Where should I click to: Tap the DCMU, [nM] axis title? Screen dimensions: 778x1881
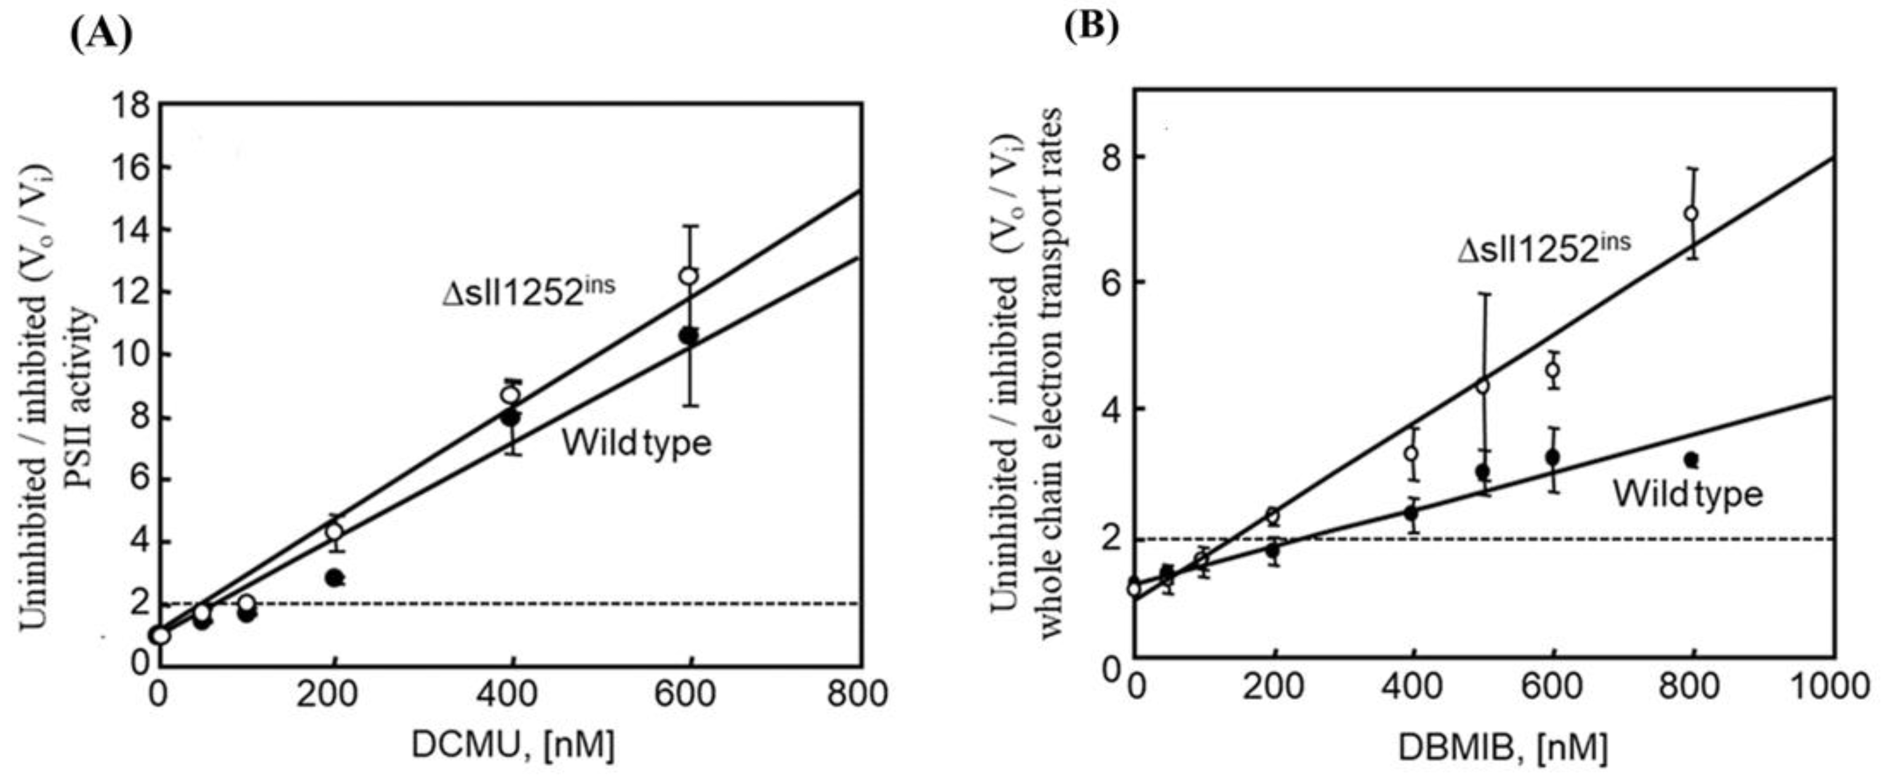coord(513,746)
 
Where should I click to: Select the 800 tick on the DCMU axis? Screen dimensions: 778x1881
coord(857,693)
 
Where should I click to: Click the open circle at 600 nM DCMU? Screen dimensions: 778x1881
coord(689,276)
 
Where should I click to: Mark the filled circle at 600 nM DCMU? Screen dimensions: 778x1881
coord(689,336)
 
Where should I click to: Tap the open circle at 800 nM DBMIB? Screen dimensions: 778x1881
coord(1691,214)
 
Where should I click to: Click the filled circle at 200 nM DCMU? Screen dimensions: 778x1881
coord(335,578)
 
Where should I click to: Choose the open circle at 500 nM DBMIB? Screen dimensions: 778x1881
coord(1483,386)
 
